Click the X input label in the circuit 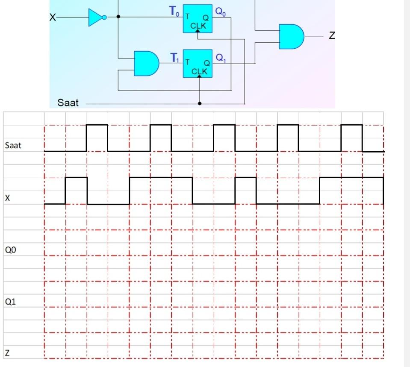point(52,18)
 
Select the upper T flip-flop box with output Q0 point(198,18)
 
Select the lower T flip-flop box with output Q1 point(198,63)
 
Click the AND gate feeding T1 point(146,63)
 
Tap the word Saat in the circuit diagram point(68,103)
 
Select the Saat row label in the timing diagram point(13,146)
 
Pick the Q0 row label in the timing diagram point(10,250)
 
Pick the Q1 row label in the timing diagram point(10,302)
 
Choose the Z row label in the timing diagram point(7,353)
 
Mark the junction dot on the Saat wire point(200,103)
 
